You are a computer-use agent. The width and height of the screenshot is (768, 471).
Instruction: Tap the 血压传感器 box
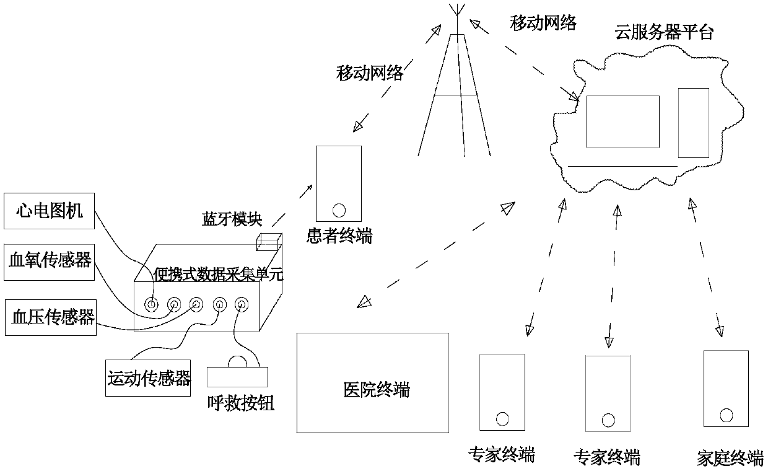[50, 317]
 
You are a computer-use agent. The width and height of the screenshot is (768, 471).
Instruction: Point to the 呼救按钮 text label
[241, 403]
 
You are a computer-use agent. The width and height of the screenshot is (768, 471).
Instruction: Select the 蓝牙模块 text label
[232, 219]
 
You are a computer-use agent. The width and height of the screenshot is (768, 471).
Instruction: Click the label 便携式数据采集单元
[217, 274]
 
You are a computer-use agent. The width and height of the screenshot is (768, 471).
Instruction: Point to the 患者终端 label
[339, 235]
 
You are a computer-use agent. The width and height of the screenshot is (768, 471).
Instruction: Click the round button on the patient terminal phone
[339, 209]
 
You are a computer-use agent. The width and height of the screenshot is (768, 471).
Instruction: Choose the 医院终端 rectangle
[373, 382]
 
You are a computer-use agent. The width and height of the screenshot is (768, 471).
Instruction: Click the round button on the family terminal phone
[726, 414]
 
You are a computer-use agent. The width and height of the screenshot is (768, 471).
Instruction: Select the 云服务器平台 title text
[663, 32]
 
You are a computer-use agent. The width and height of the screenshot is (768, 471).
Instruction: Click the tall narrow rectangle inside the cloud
[693, 122]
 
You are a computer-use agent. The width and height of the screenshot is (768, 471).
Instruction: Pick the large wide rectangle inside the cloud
[622, 121]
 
